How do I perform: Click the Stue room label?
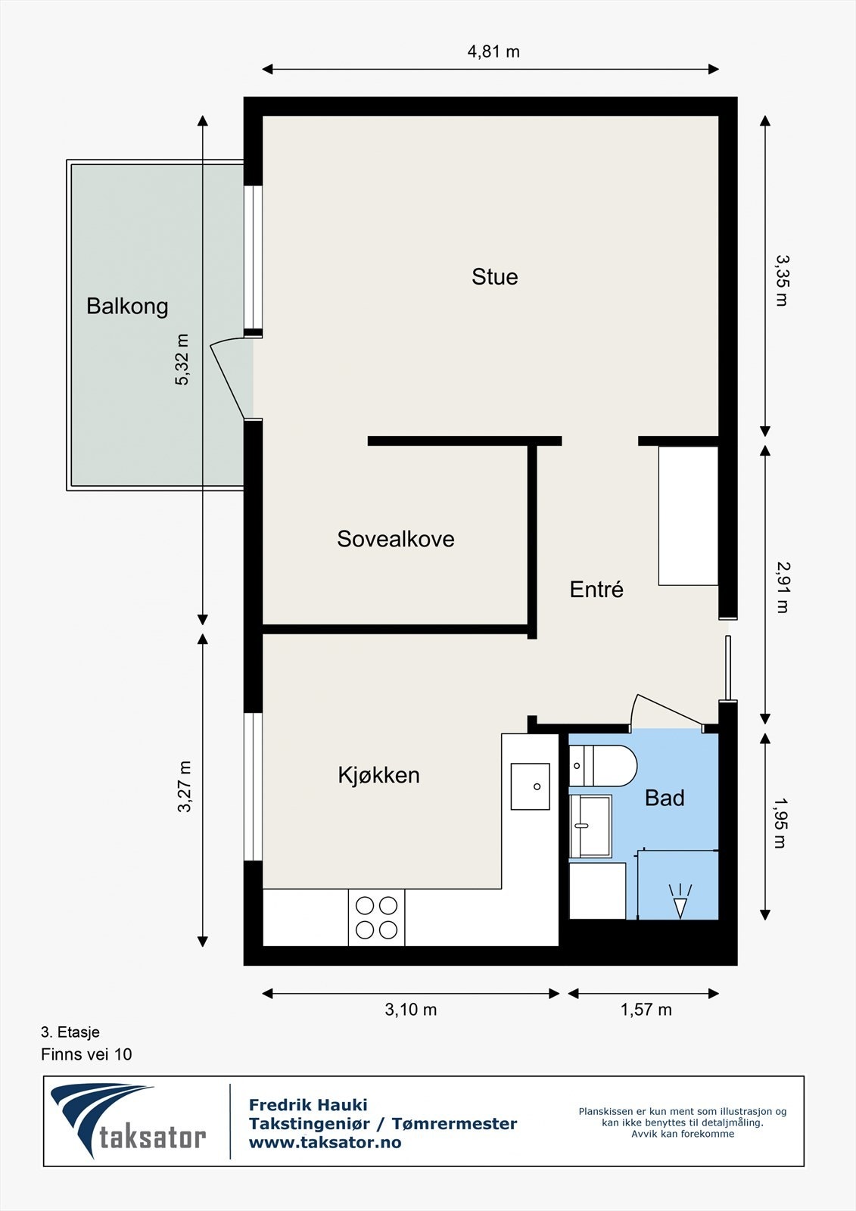click(x=495, y=277)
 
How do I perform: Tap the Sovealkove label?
click(x=396, y=539)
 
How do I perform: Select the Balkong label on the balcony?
click(x=128, y=307)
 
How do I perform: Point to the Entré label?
click(x=596, y=589)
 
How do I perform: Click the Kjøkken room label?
click(x=379, y=775)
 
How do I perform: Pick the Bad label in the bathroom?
click(x=665, y=798)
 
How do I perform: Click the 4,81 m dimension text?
click(x=493, y=51)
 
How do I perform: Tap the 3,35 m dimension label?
click(x=782, y=281)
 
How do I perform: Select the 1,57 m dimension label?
click(x=646, y=1010)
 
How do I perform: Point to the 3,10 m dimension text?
click(x=410, y=1010)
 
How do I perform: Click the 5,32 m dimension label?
click(x=182, y=360)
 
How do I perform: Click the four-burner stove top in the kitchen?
click(x=376, y=917)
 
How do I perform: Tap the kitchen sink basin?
click(x=531, y=786)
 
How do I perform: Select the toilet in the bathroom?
click(x=603, y=765)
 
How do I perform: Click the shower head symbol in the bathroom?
click(x=680, y=901)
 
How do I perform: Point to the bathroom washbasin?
click(x=590, y=826)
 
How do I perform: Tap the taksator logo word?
click(x=152, y=1138)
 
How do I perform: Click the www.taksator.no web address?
click(x=325, y=1142)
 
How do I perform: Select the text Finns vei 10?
click(x=86, y=1054)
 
